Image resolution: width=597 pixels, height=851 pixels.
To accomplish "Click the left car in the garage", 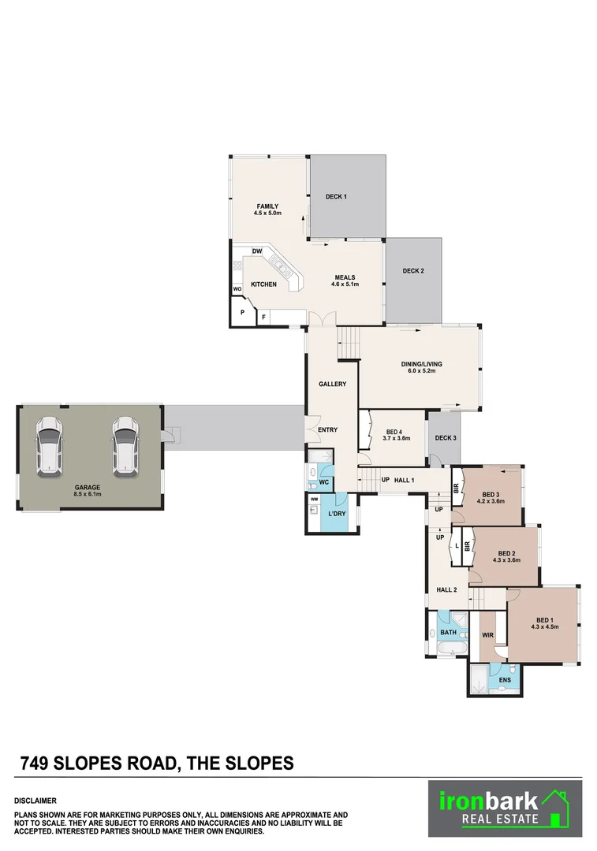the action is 49,447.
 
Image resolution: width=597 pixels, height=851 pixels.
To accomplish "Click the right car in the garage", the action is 124,447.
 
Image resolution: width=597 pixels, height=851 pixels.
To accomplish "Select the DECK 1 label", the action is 336,196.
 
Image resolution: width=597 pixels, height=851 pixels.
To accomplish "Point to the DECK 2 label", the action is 413,271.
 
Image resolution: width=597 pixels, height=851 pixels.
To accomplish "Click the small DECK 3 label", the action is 446,438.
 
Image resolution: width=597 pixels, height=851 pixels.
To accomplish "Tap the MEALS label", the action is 345,277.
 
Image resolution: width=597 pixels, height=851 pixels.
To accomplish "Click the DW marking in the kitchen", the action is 257,252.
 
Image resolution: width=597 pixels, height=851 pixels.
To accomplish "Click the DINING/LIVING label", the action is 421,364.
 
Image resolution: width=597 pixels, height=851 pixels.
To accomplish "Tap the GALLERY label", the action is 332,384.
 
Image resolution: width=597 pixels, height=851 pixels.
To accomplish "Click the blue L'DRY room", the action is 337,515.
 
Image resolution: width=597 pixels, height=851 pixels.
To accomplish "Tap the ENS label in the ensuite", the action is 506,679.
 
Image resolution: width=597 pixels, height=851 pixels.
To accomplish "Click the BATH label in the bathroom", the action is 448,633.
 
